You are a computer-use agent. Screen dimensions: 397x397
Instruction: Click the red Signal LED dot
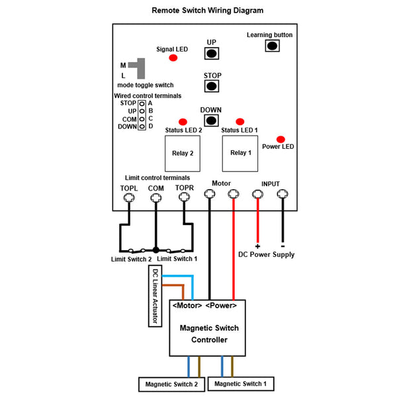point(173,58)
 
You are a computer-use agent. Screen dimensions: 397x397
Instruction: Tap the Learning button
point(272,46)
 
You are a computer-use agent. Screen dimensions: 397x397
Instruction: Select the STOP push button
point(212,86)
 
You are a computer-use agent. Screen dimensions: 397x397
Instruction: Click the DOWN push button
point(212,120)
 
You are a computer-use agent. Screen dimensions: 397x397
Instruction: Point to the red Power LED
point(281,139)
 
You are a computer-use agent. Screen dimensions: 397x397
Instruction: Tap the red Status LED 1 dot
point(240,122)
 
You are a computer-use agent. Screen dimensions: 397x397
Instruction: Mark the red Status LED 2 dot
point(183,122)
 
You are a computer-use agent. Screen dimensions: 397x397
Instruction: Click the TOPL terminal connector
point(129,197)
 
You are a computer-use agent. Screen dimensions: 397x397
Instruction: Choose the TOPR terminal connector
point(184,197)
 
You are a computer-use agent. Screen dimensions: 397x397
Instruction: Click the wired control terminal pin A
point(142,104)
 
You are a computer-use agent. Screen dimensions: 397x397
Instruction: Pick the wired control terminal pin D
point(142,126)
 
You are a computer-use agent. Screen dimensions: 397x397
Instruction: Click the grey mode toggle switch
point(138,68)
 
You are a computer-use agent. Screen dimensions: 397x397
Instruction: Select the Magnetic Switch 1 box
point(241,384)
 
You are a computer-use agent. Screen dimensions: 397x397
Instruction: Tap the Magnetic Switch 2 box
point(171,384)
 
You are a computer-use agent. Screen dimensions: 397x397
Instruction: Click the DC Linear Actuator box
point(155,296)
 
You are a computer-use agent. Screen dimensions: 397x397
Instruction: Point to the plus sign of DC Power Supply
point(257,246)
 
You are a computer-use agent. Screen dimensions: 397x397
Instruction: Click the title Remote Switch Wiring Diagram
point(207,11)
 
